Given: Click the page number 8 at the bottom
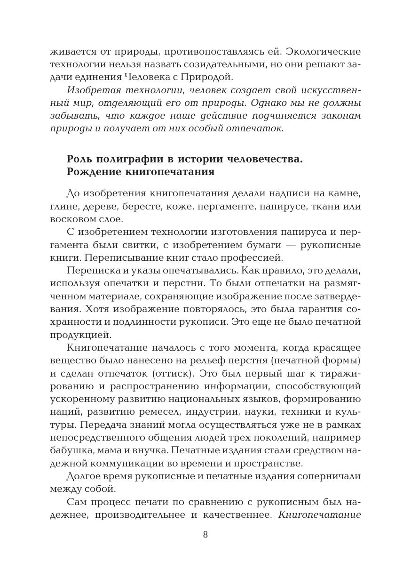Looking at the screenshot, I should click(205, 535).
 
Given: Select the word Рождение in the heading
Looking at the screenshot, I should click(94, 172).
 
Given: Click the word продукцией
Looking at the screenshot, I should click(73, 335).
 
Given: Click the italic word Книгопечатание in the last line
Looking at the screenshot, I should click(319, 514).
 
